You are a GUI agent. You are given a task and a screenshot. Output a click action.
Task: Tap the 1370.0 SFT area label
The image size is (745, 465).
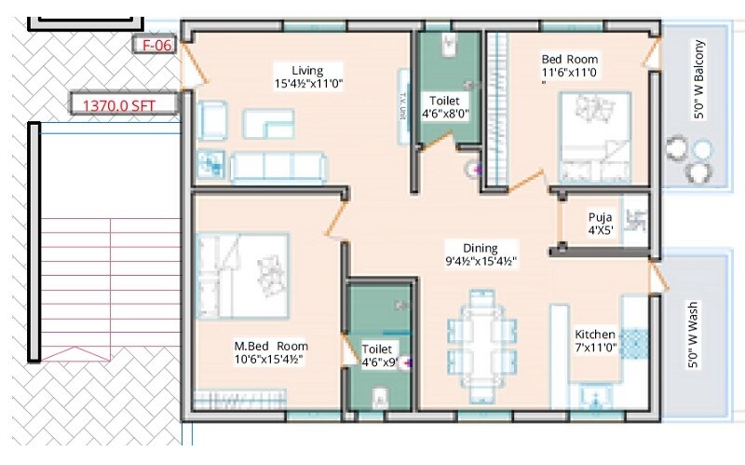click(123, 105)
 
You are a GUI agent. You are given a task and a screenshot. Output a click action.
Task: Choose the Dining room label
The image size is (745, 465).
click(481, 254)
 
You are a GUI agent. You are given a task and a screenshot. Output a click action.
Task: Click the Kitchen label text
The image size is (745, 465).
click(595, 341)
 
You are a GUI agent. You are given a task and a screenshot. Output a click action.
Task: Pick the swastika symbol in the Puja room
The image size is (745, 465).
click(637, 221)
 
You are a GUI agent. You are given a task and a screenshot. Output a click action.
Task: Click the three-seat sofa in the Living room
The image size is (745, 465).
click(278, 166)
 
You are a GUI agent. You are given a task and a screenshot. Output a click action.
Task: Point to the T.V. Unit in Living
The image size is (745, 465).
click(404, 107)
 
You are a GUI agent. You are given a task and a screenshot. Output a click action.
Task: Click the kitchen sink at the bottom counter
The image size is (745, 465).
click(593, 401)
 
